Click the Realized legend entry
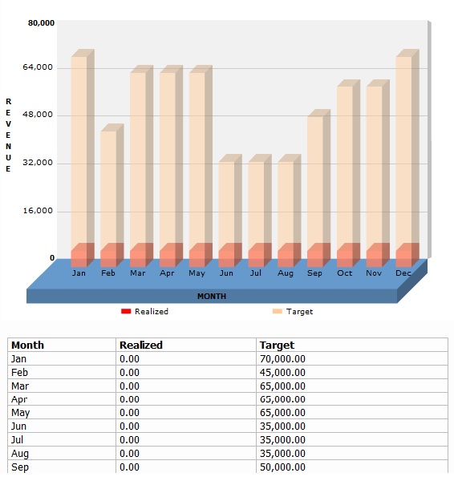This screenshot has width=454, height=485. click(x=145, y=311)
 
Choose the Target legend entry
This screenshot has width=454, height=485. click(x=293, y=311)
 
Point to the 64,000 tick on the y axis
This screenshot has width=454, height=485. click(x=38, y=67)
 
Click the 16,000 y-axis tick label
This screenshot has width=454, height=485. click(x=38, y=211)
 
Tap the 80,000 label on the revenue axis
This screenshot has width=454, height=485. click(x=41, y=23)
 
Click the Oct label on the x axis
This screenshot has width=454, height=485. click(x=344, y=273)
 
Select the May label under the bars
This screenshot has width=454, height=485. click(x=197, y=273)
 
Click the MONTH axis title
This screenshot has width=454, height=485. click(x=212, y=297)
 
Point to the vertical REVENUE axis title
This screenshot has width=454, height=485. click(x=8, y=135)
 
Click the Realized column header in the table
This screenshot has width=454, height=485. click(x=141, y=345)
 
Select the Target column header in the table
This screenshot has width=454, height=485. click(x=277, y=346)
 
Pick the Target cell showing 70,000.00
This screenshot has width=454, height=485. click(x=282, y=359)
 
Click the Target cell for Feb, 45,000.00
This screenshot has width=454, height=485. click(x=282, y=373)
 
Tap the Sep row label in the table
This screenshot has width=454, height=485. click(x=20, y=467)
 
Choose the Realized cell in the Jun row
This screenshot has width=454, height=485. click(x=129, y=426)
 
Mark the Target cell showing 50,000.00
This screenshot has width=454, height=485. click(x=282, y=467)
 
